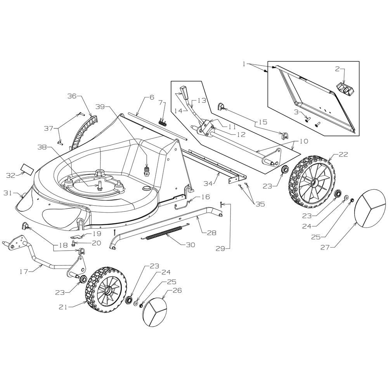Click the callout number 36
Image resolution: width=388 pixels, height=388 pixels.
(x=72, y=96)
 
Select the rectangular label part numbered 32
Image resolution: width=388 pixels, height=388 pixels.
(x=27, y=169)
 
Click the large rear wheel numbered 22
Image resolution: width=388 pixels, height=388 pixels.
(x=312, y=178)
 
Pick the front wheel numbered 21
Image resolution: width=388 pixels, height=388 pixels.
(x=106, y=289)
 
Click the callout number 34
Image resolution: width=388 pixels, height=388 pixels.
(x=209, y=184)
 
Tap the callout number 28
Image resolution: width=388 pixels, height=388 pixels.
(x=211, y=232)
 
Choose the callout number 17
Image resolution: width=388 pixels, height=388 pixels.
(x=24, y=272)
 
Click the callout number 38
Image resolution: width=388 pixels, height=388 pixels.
(x=42, y=147)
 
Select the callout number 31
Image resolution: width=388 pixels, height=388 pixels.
(x=8, y=193)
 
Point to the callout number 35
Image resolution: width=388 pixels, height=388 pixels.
(x=260, y=204)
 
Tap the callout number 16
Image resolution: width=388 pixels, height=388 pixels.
(x=206, y=197)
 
